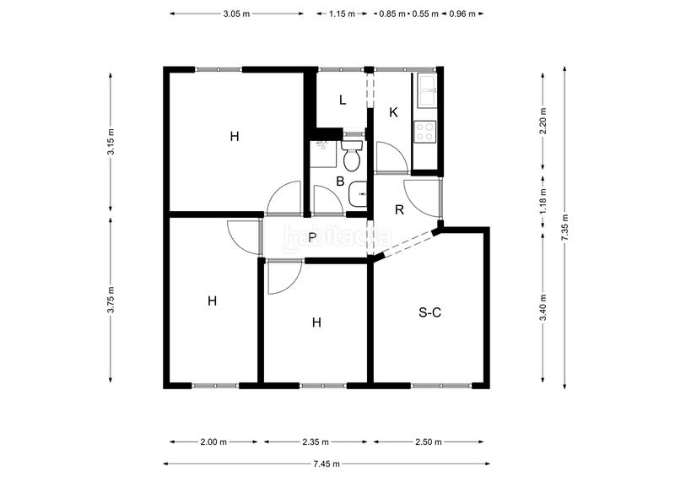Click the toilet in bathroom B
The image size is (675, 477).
click(352, 155)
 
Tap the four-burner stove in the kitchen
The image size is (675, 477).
click(425, 132)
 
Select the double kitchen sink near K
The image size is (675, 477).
click(427, 90)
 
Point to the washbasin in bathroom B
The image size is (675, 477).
click(358, 194)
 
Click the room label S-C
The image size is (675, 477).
click(429, 312)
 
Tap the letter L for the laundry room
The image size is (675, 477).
click(343, 100)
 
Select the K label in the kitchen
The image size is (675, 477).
click(393, 112)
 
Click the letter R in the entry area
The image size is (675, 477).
click(399, 210)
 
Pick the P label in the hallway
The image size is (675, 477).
click(312, 237)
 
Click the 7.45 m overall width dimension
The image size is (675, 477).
click(327, 463)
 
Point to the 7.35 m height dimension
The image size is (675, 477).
click(564, 227)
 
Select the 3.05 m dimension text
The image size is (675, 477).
click(236, 14)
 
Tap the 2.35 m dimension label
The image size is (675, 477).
click(315, 442)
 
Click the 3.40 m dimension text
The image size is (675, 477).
click(543, 307)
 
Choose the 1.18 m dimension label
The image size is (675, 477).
click(543, 201)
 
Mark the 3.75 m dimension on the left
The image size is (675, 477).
click(111, 300)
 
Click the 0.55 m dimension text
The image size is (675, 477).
click(425, 14)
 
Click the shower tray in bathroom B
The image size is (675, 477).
click(323, 154)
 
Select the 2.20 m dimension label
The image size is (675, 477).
click(543, 120)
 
